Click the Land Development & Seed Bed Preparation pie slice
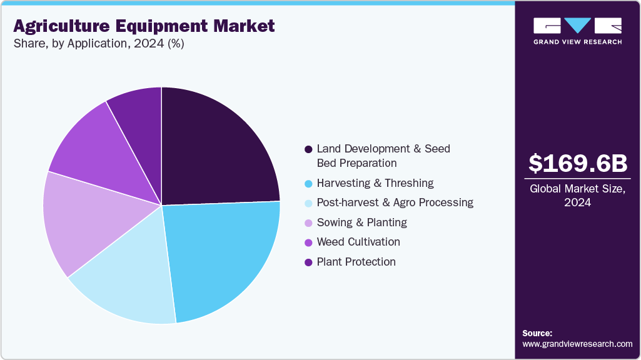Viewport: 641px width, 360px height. (x=216, y=150)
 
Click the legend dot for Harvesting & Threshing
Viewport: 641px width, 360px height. (x=308, y=184)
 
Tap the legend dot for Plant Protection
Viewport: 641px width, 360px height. (x=308, y=262)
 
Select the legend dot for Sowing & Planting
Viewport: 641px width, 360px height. (x=308, y=223)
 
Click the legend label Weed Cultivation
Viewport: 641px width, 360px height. (x=358, y=242)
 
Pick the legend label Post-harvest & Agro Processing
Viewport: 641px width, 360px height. (x=395, y=202)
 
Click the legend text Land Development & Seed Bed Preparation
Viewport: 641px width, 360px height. (x=383, y=156)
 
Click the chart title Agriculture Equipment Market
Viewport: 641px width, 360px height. (x=144, y=26)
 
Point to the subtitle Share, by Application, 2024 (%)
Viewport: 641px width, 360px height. (x=99, y=44)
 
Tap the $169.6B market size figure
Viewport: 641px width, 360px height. (x=578, y=164)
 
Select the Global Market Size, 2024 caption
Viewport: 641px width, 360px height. (x=578, y=196)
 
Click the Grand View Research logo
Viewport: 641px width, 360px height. (x=577, y=31)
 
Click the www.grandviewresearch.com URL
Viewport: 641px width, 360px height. (x=577, y=344)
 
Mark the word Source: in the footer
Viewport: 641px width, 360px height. (x=537, y=333)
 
